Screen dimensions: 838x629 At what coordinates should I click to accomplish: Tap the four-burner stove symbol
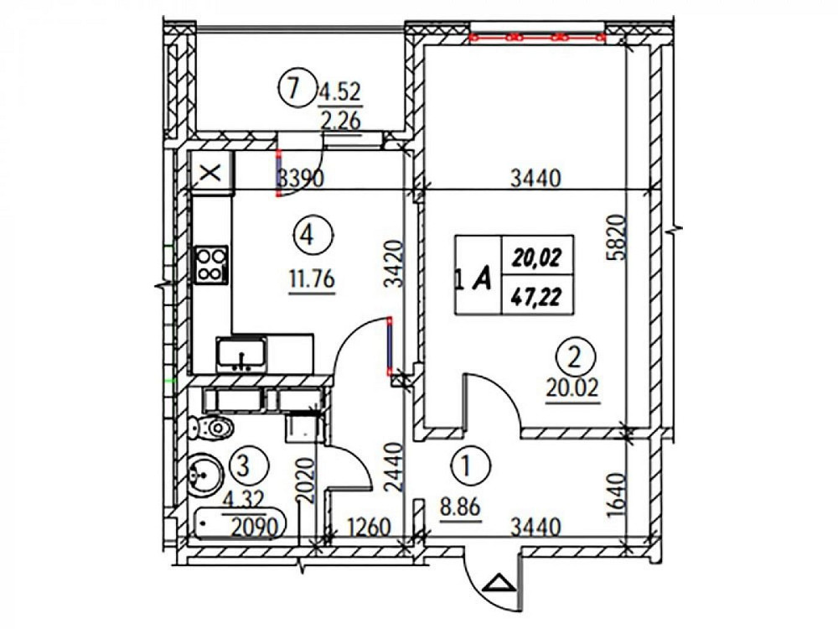tap(210, 265)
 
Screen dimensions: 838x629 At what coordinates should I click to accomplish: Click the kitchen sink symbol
tap(241, 354)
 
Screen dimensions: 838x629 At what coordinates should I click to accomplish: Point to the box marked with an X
tap(212, 173)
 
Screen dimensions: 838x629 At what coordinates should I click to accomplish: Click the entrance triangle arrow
tap(499, 583)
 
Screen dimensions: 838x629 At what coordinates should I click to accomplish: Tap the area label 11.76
tap(312, 280)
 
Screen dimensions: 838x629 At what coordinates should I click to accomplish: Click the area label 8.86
tap(460, 507)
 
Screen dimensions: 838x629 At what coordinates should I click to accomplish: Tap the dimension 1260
tap(369, 528)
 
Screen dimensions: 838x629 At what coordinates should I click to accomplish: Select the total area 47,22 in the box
tap(535, 294)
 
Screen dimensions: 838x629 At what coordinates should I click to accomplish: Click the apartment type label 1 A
tap(473, 278)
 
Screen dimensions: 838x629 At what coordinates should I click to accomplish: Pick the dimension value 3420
tap(394, 265)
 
